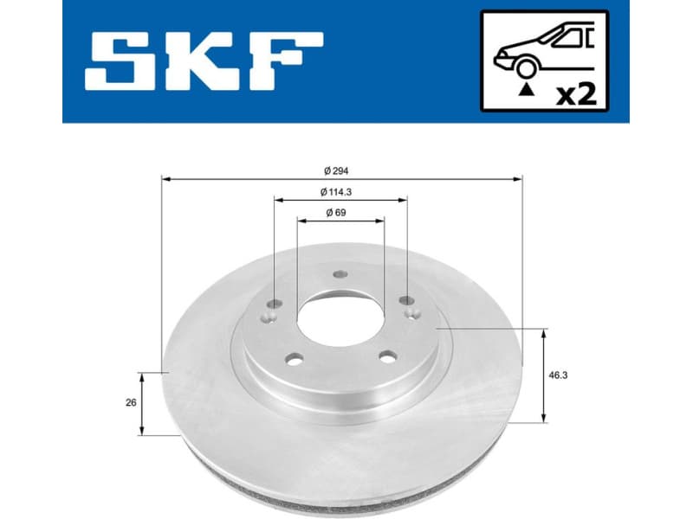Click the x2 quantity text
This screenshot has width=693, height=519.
(576, 94)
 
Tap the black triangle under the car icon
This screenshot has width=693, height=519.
(524, 89)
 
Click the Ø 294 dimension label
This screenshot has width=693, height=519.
(340, 170)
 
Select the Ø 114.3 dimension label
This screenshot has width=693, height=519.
(340, 191)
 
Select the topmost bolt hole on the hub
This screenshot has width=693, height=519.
(340, 275)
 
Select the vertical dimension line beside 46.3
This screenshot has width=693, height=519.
(543, 376)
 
